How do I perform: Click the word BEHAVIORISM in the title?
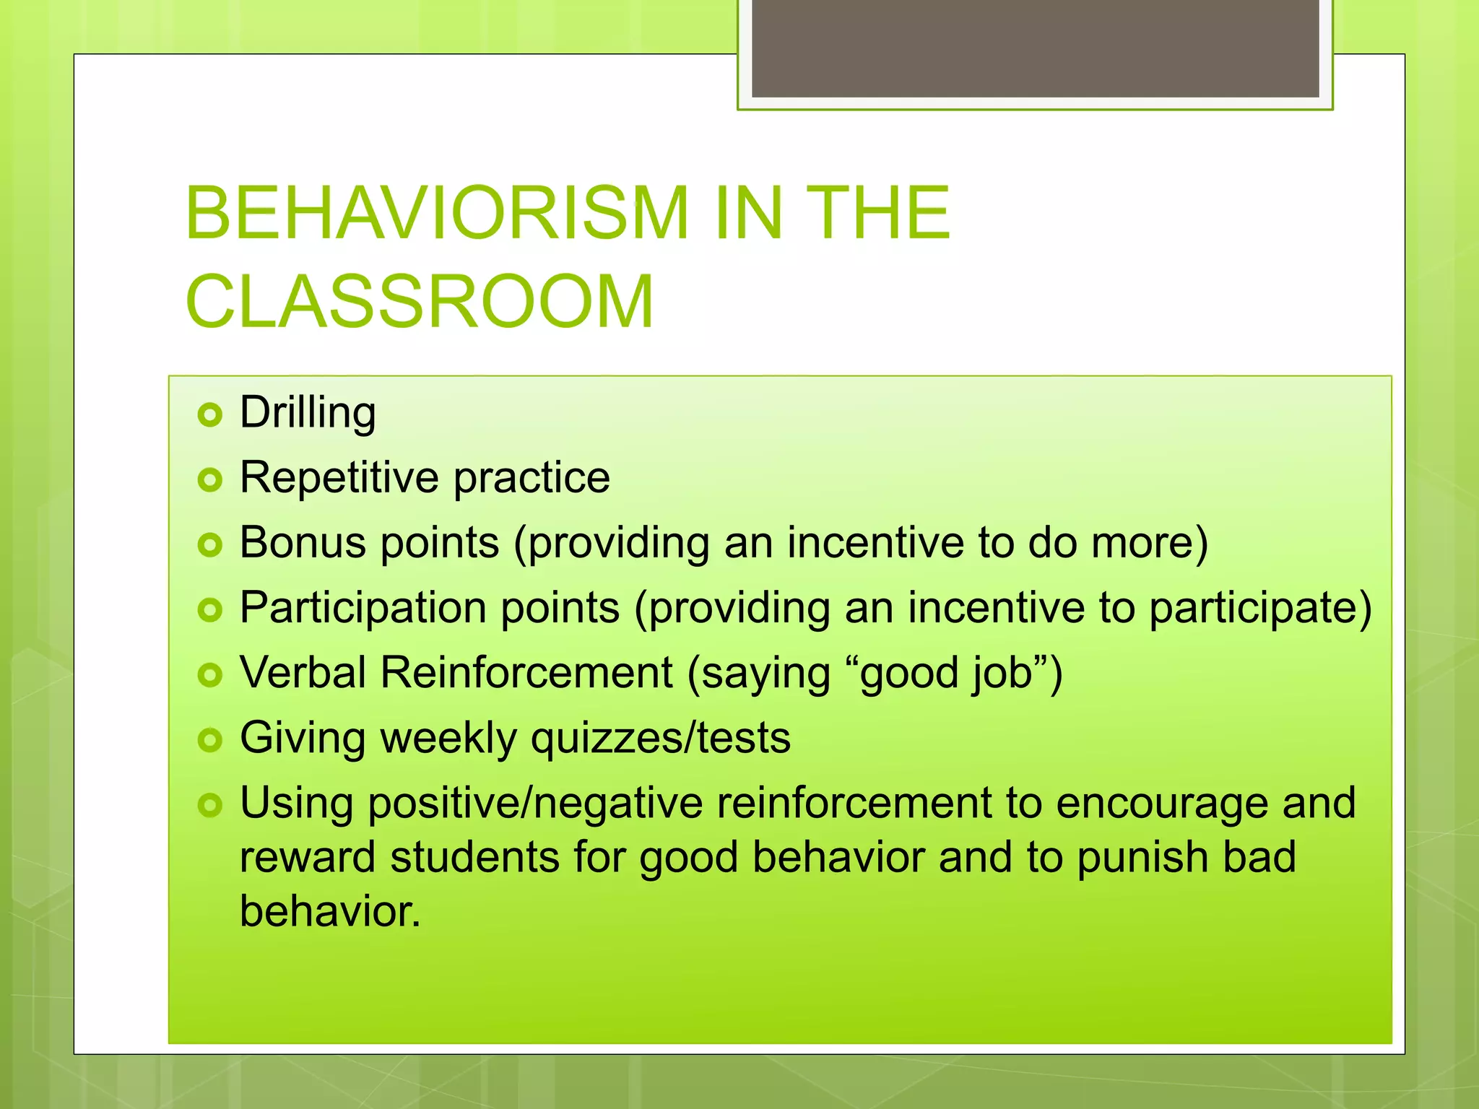[437, 213]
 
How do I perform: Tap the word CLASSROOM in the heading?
[419, 302]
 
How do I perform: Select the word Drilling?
[308, 413]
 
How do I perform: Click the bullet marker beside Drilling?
[210, 414]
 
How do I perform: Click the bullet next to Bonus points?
[210, 545]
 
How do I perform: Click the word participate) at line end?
[1260, 608]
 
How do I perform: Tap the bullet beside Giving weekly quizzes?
[210, 740]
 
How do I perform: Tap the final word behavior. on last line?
[330, 911]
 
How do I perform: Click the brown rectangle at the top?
[1035, 48]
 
